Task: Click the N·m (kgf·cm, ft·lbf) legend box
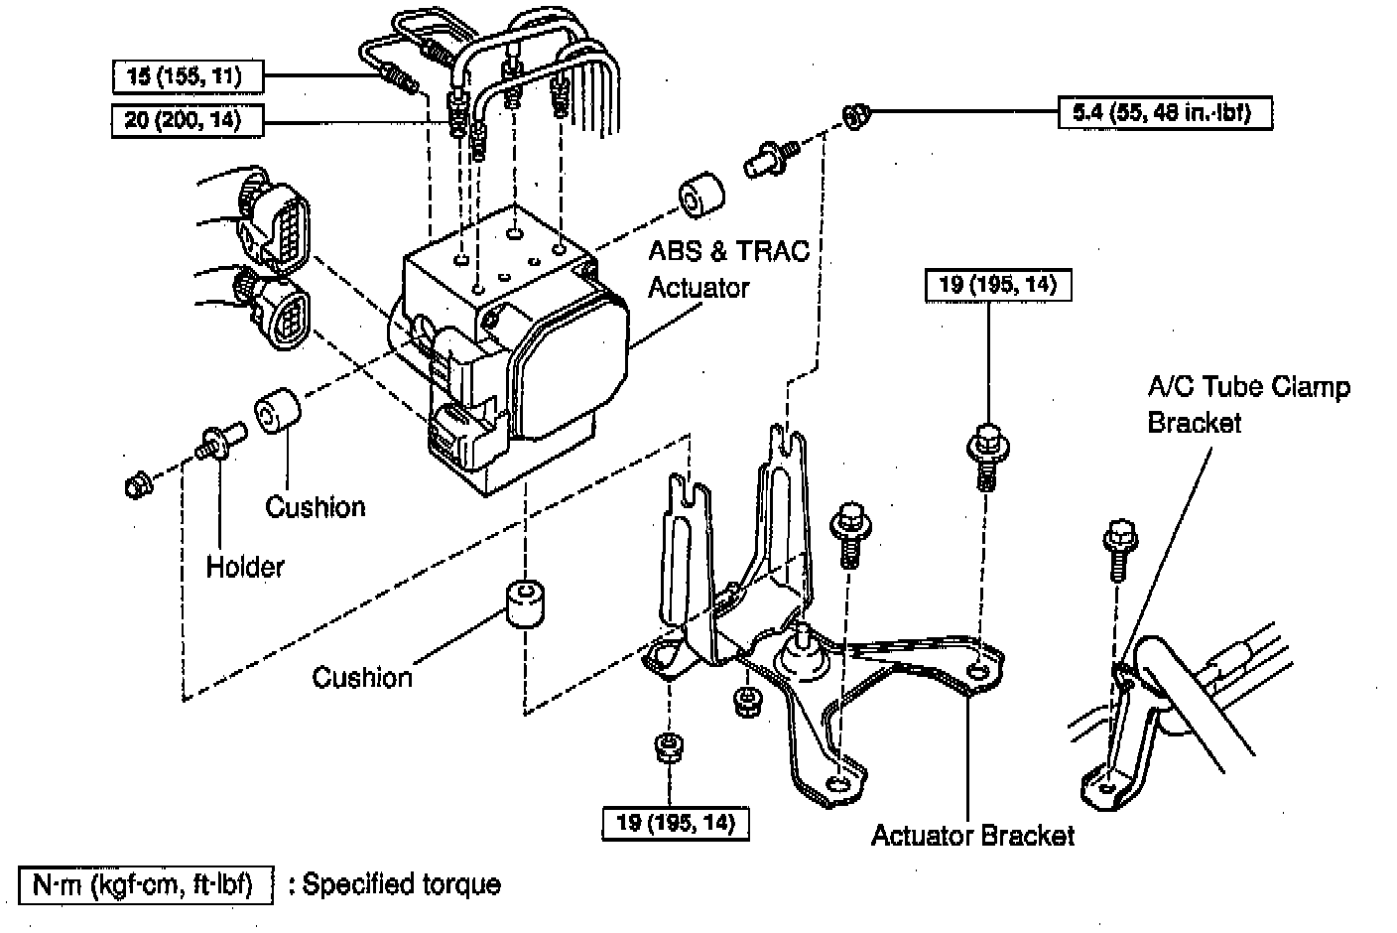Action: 145,883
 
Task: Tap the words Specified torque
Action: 401,883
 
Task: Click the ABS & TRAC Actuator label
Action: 727,268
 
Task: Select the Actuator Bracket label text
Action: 972,835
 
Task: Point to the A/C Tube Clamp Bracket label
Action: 1247,404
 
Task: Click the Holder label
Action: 244,567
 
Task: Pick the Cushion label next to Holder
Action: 315,506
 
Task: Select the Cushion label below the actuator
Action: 361,677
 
